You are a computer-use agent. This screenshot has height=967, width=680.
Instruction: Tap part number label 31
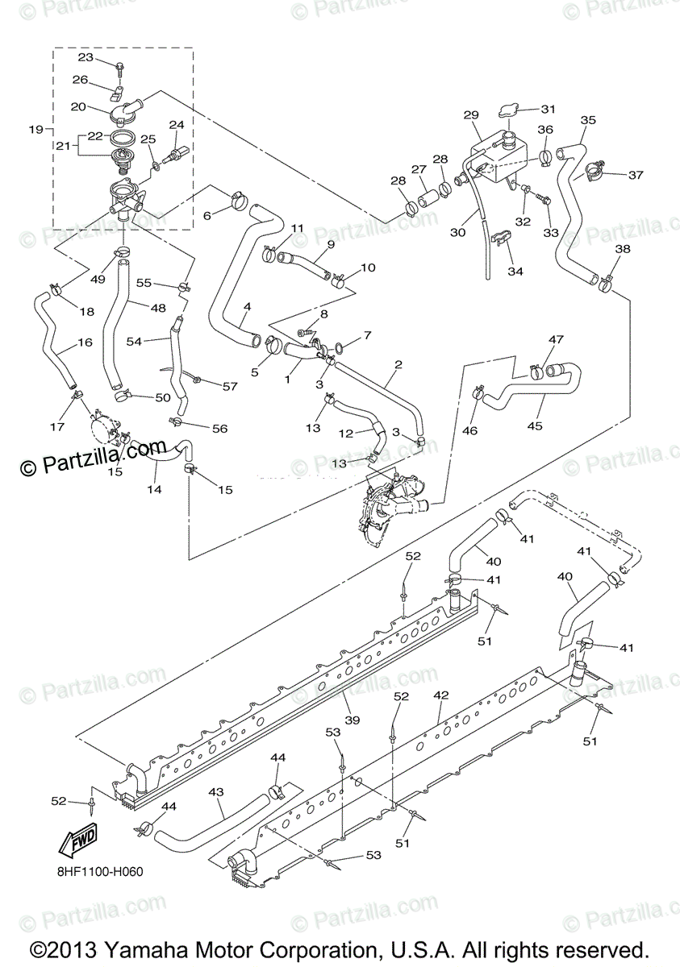tap(548, 109)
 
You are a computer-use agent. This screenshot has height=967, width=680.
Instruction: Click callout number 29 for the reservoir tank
tap(472, 116)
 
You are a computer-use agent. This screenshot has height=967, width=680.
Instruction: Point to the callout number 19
tap(35, 129)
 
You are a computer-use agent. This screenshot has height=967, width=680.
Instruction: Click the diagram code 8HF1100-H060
tap(101, 872)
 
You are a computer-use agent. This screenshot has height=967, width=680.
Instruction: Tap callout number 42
tap(440, 694)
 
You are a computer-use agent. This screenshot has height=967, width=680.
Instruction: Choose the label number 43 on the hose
tap(215, 792)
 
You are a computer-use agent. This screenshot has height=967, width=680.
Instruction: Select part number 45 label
tap(534, 425)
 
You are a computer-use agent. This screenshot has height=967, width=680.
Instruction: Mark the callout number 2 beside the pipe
tap(398, 364)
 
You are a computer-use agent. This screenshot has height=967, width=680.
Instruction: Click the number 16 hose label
tap(85, 342)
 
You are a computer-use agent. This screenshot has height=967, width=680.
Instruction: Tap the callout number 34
tap(515, 272)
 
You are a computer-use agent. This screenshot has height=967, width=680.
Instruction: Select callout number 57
tap(230, 386)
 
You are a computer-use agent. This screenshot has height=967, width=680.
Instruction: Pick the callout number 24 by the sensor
tap(176, 125)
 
